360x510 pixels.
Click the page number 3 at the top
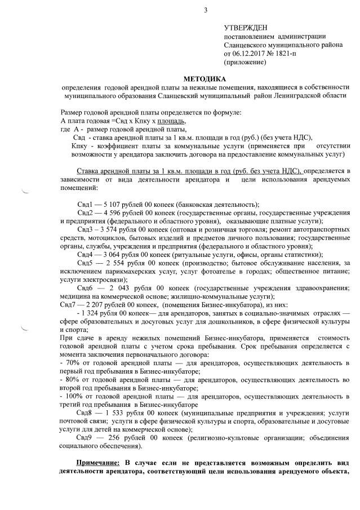[206, 10]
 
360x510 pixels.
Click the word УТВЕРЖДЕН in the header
[246, 28]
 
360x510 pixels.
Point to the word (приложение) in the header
[245, 62]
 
